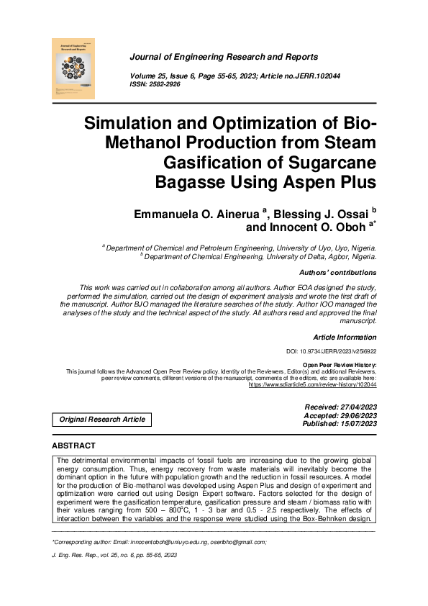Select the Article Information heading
[x=345, y=337]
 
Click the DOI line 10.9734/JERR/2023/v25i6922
[x=331, y=353]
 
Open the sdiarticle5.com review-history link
[x=312, y=385]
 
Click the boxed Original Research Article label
[x=102, y=419]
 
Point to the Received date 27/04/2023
[x=354, y=407]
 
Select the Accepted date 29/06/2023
[x=354, y=415]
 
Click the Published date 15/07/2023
[x=354, y=424]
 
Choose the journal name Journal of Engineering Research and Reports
[x=224, y=56]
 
